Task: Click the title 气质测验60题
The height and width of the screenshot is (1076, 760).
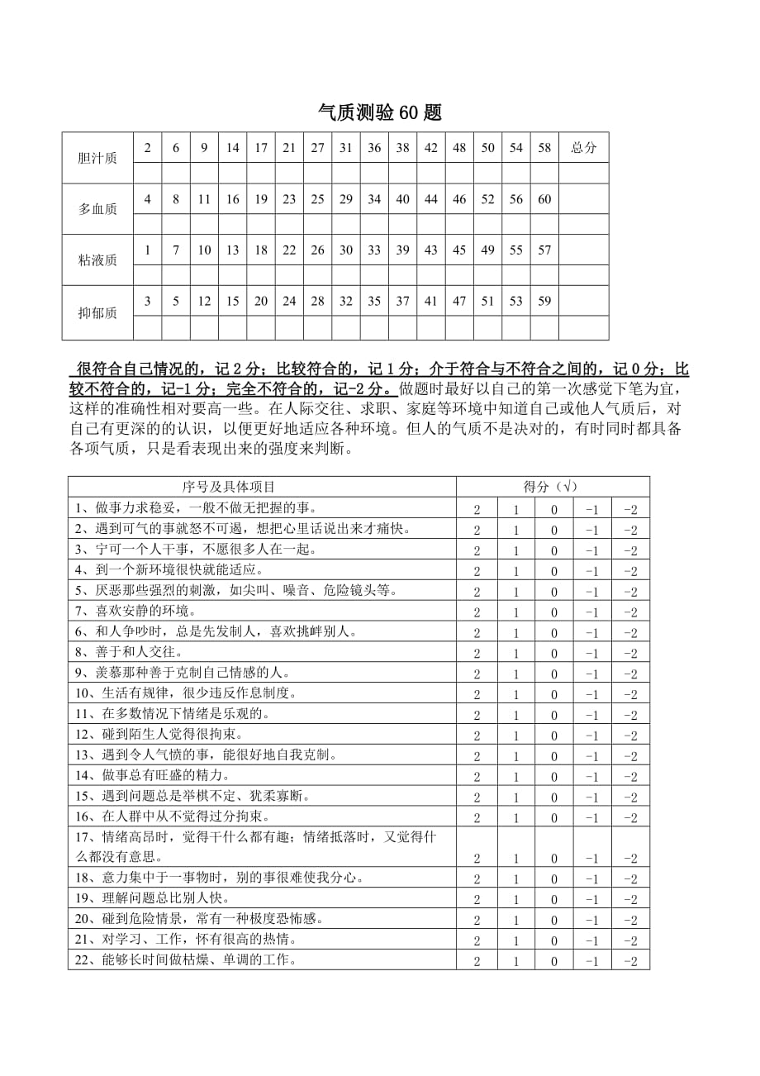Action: pyautogui.click(x=380, y=113)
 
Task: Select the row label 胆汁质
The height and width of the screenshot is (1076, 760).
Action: pyautogui.click(x=97, y=158)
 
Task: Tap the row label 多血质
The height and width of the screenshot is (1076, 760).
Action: pyautogui.click(x=97, y=209)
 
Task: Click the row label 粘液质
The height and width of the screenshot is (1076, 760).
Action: pyautogui.click(x=97, y=260)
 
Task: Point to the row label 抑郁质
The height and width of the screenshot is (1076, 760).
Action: pyautogui.click(x=97, y=312)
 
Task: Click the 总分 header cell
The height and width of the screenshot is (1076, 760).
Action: pyautogui.click(x=583, y=148)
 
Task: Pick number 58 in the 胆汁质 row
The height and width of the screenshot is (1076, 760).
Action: pyautogui.click(x=544, y=148)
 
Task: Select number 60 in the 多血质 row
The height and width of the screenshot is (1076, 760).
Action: pyautogui.click(x=544, y=199)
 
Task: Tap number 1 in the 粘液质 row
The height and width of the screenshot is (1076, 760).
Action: pyautogui.click(x=147, y=250)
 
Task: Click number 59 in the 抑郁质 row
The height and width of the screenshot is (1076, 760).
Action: pyautogui.click(x=544, y=302)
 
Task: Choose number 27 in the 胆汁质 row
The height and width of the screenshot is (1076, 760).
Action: pyautogui.click(x=317, y=148)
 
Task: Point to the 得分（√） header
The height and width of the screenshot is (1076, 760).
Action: pyautogui.click(x=552, y=487)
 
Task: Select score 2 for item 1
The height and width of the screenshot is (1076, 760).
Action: pyautogui.click(x=477, y=510)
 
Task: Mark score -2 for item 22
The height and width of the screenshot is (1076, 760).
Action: pyautogui.click(x=630, y=961)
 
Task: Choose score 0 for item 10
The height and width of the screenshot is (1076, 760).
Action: pyautogui.click(x=554, y=695)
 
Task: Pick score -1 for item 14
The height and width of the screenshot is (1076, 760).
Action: pyautogui.click(x=591, y=777)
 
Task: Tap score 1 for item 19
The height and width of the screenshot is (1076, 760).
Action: pyautogui.click(x=516, y=900)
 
